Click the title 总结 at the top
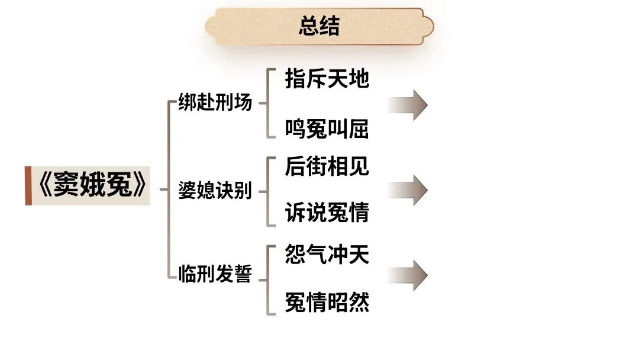pos(319,27)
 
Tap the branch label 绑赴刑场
pos(215,103)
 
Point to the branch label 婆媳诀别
pos(215,191)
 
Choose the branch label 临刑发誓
pos(215,275)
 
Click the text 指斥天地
pos(327,79)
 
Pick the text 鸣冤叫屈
pos(327,128)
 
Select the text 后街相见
pos(327,166)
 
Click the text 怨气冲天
pos(327,255)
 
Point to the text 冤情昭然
pos(327,302)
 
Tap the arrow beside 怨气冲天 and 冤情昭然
pos(408,275)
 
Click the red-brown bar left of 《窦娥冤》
pos(28,186)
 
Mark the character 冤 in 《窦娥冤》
pos(121,186)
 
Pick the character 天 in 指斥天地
pos(338,79)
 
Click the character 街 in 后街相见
pos(317,166)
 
